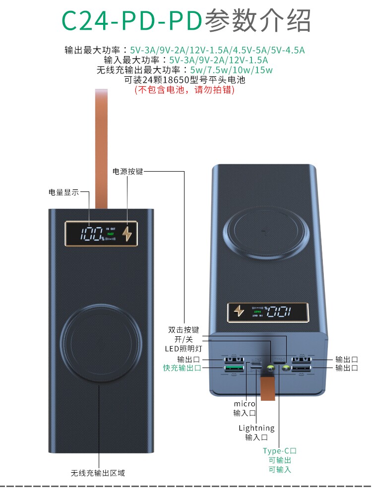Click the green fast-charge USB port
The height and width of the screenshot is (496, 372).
(x=234, y=368)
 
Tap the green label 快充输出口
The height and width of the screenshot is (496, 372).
(x=182, y=368)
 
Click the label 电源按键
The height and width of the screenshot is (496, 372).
(x=128, y=172)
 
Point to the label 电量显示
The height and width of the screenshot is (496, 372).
(x=63, y=192)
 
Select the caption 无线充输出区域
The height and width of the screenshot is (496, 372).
(x=98, y=473)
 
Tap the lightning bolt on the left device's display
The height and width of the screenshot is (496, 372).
(x=127, y=234)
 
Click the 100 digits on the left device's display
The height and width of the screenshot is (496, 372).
(x=91, y=234)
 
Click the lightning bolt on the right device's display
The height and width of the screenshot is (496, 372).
(x=239, y=310)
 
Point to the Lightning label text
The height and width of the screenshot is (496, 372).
(x=256, y=428)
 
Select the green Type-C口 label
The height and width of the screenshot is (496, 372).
(x=280, y=451)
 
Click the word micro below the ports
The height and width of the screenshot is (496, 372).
(x=245, y=404)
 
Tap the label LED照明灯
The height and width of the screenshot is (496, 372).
(x=184, y=349)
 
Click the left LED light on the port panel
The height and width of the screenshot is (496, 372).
(x=270, y=368)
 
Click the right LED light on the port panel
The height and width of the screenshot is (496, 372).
(x=286, y=368)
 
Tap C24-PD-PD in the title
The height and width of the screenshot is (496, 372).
(x=131, y=21)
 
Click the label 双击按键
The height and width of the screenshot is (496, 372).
(x=184, y=330)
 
